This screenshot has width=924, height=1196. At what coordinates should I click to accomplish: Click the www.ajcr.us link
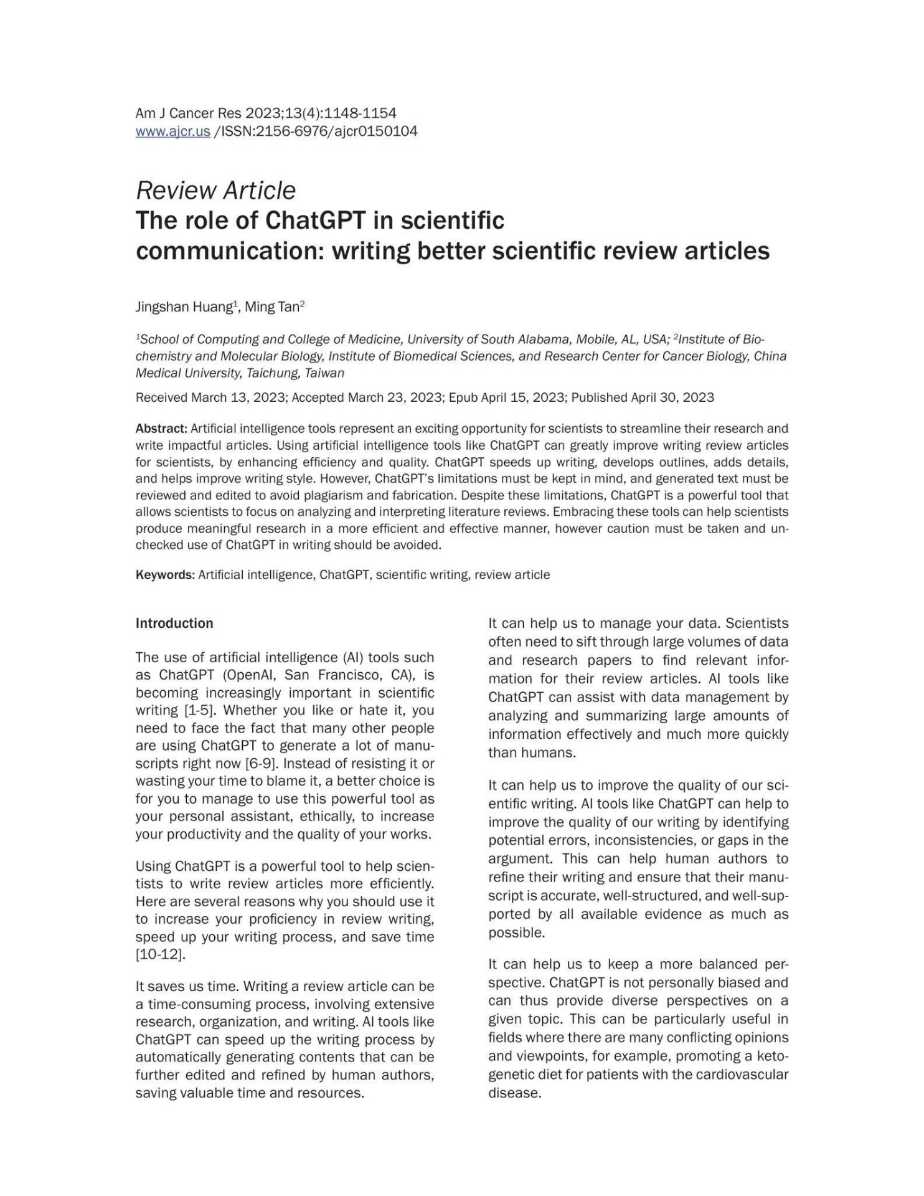click(172, 131)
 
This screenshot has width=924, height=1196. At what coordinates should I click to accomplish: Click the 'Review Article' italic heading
click(215, 190)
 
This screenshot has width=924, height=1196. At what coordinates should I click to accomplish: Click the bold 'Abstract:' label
click(161, 429)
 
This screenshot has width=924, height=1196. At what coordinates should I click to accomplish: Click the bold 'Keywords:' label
click(165, 574)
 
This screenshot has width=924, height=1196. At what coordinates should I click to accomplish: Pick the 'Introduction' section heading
click(174, 624)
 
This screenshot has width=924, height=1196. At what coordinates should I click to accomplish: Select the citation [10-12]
click(160, 954)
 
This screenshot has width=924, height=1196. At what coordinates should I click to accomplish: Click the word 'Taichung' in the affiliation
click(272, 373)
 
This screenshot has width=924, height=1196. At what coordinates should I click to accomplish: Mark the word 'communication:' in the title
click(228, 251)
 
